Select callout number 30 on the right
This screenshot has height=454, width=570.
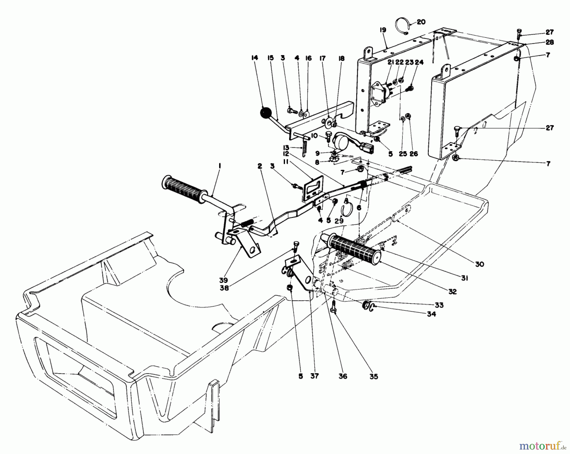(x=479, y=264)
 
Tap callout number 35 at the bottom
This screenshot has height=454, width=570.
(x=374, y=377)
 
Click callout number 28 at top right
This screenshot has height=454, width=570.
(x=549, y=42)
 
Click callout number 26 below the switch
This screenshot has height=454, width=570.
(x=414, y=154)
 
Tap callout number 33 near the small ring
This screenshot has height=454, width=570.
(x=439, y=305)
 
